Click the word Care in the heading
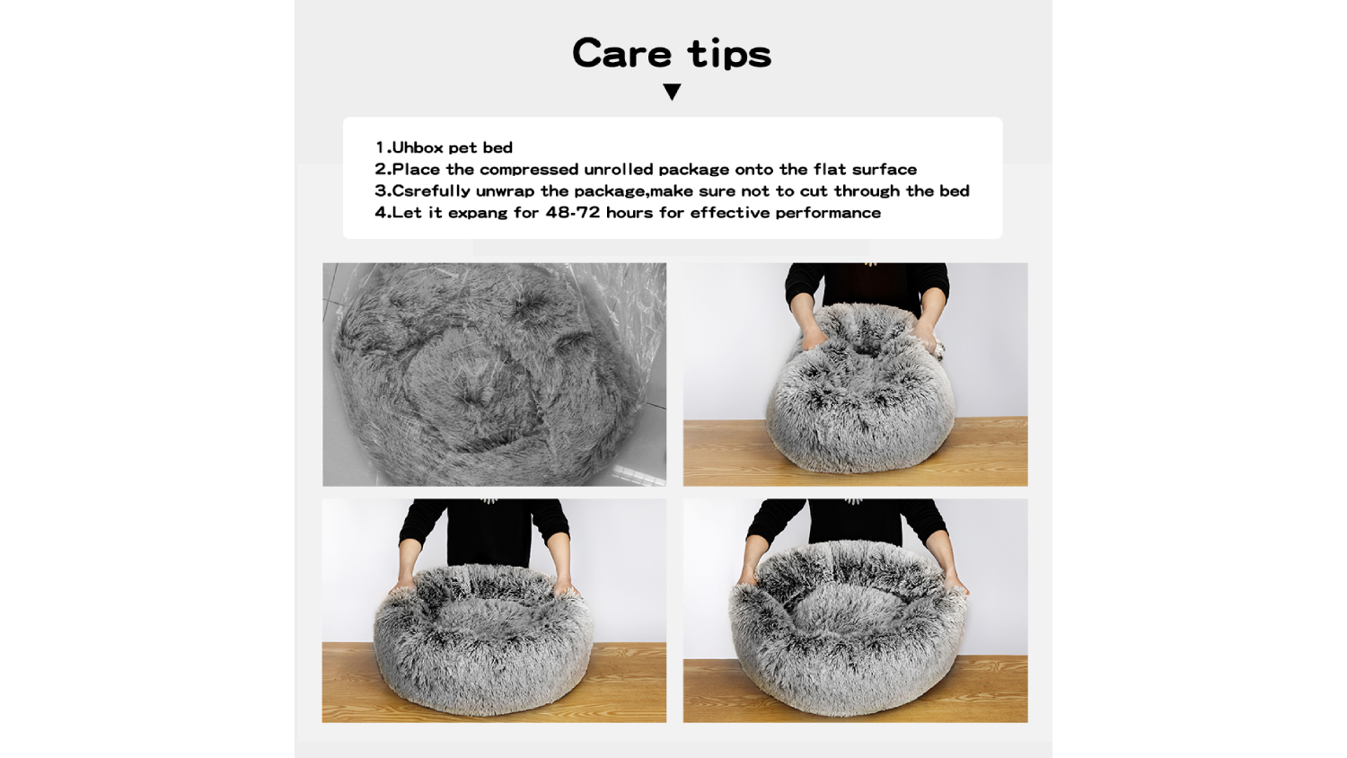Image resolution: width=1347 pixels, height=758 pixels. coord(621,53)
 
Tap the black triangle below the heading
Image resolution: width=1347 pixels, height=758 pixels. coord(672,92)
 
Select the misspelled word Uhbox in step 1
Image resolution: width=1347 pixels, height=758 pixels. coord(418,147)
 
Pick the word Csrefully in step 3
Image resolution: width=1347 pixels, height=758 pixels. coord(431,191)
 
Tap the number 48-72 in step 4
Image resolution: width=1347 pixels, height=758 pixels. coord(573,213)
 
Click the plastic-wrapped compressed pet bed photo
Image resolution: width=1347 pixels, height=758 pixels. coord(494,375)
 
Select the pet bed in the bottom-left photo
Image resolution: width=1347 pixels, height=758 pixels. coord(483,639)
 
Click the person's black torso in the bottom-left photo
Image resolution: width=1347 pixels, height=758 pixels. coord(489,533)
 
